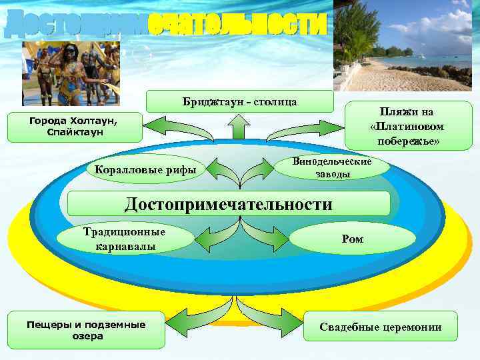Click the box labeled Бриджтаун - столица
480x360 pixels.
coord(240,101)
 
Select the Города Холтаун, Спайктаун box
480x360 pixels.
coord(75,127)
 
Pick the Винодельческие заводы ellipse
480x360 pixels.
coord(332,167)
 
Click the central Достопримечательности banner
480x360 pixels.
coord(228,204)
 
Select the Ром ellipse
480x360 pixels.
coord(352,239)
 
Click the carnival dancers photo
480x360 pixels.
coord(71,73)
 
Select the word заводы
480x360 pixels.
coord(332,174)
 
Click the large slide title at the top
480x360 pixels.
coord(166,25)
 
